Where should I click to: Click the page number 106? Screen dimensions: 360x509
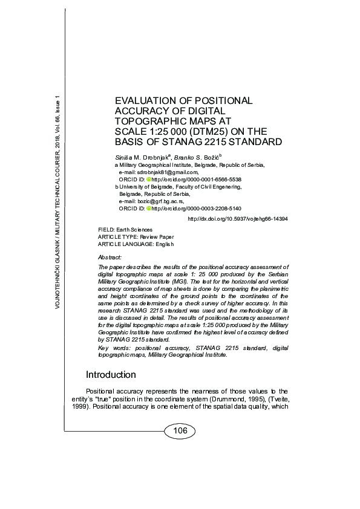180,431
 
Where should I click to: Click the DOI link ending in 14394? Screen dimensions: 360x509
238,219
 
